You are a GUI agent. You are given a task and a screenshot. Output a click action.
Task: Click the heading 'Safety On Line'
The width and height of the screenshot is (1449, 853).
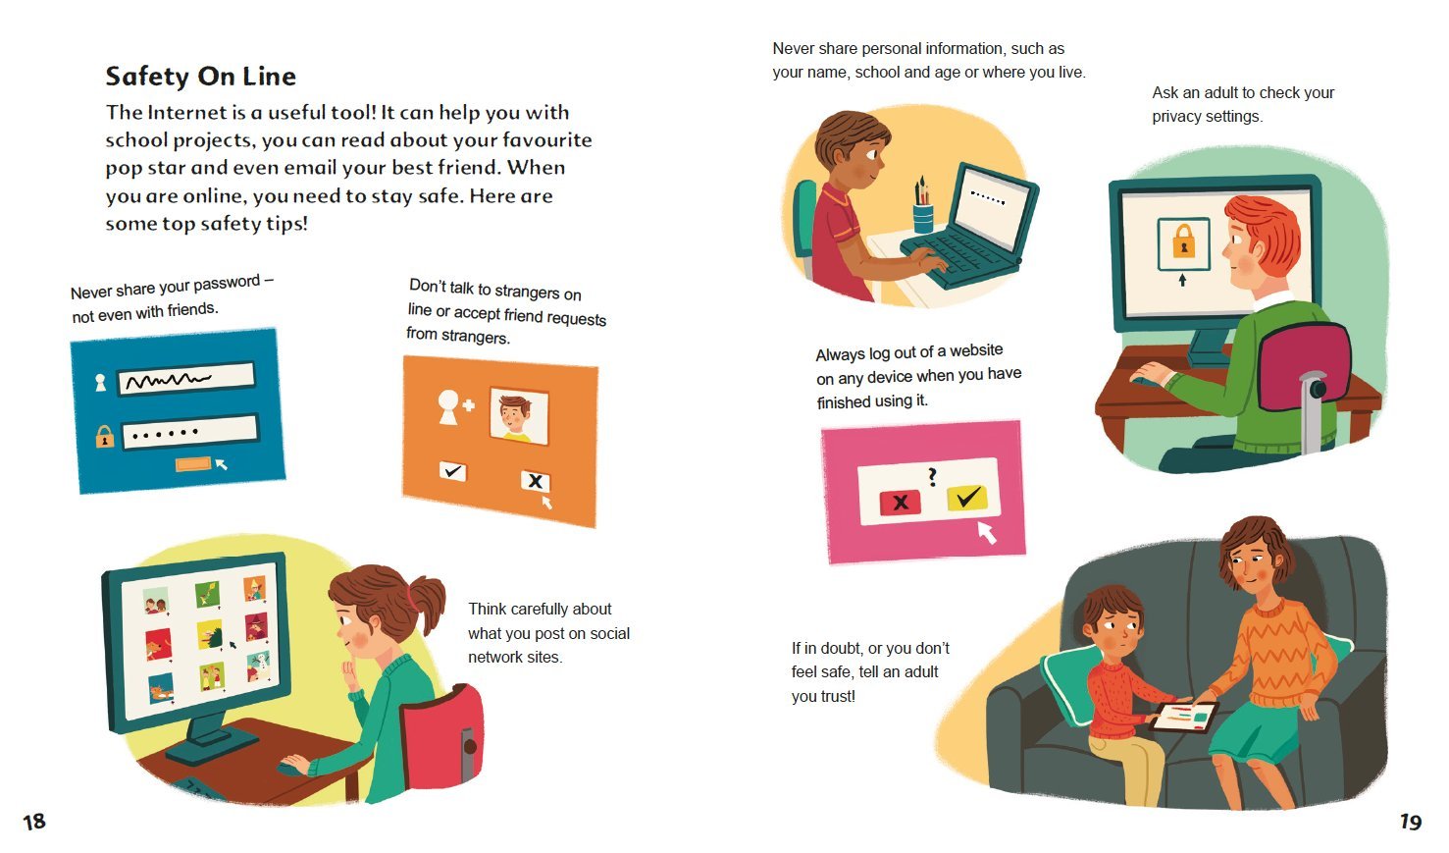tap(200, 77)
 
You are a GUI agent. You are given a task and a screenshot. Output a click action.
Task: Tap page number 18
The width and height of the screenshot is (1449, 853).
tap(34, 822)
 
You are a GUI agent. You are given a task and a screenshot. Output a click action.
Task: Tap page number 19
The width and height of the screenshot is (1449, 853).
tap(1411, 822)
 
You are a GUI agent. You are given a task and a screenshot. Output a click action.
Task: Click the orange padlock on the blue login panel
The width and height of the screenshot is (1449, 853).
tap(104, 437)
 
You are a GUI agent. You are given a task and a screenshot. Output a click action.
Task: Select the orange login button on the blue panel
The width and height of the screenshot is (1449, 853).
tap(192, 464)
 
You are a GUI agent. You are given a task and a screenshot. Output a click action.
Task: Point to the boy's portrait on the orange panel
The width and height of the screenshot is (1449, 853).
tap(518, 416)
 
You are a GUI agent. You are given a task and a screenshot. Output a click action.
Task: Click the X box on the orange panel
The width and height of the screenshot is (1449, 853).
tap(535, 481)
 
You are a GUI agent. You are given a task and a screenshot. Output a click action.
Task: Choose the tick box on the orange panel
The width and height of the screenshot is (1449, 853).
tap(453, 470)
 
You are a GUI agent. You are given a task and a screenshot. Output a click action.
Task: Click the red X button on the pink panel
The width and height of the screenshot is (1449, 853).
tap(900, 503)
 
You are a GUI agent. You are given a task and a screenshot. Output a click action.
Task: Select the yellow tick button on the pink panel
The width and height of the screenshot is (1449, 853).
tap(967, 498)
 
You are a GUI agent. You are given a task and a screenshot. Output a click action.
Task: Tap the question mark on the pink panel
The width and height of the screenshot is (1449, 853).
tap(932, 477)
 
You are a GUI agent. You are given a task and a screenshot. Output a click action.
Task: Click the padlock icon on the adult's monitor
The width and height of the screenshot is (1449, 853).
tap(1184, 240)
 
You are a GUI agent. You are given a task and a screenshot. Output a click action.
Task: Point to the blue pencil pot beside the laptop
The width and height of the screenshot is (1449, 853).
tap(923, 218)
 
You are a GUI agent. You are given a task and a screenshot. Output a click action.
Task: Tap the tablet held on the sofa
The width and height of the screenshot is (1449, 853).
tap(1183, 718)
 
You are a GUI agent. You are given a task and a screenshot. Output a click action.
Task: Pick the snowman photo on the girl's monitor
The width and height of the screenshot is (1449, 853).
tap(259, 666)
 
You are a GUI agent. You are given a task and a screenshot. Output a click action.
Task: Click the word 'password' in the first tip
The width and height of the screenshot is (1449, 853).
tap(227, 284)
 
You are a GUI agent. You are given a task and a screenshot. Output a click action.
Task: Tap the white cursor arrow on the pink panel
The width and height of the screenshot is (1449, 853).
tap(987, 533)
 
